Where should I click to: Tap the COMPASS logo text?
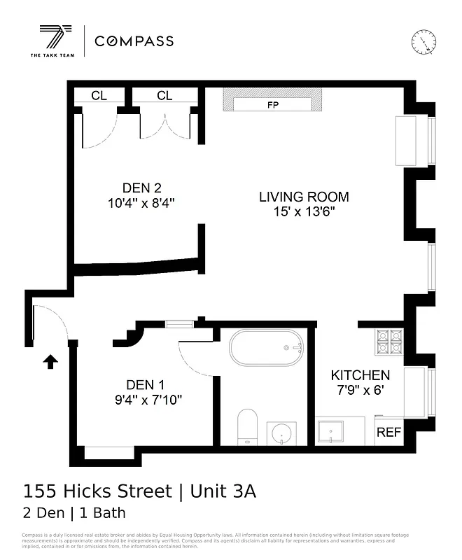pyautogui.click(x=134, y=41)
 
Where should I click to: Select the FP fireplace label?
pyautogui.click(x=272, y=105)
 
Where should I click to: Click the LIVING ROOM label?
pyautogui.click(x=304, y=197)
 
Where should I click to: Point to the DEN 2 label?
pyautogui.click(x=142, y=188)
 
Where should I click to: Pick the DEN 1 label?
pyautogui.click(x=146, y=384)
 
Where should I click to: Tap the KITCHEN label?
pyautogui.click(x=360, y=375)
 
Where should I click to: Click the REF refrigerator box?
pyautogui.click(x=389, y=433)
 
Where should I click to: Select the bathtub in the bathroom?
pyautogui.click(x=267, y=347)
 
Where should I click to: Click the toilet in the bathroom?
pyautogui.click(x=248, y=426)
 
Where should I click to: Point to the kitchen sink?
pyautogui.click(x=330, y=431)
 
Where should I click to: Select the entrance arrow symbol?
pyautogui.click(x=50, y=361)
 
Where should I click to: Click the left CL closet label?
pyautogui.click(x=99, y=96)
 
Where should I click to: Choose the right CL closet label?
pyautogui.click(x=164, y=96)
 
